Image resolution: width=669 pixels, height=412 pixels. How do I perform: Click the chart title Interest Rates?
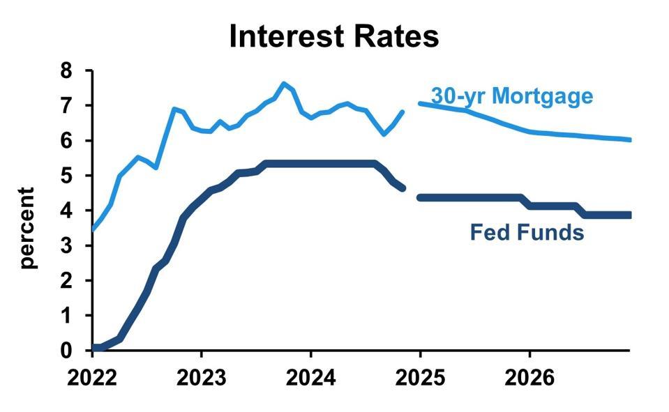[x=334, y=36]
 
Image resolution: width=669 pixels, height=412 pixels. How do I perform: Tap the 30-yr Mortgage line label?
[x=512, y=96]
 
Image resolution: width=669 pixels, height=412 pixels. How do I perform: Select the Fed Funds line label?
[x=527, y=231]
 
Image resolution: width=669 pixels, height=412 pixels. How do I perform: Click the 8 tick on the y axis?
[x=67, y=70]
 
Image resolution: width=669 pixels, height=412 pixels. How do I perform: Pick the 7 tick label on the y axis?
[x=67, y=106]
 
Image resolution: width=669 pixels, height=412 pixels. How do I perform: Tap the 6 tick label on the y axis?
[x=67, y=141]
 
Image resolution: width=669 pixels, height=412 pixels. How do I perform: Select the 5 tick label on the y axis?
[x=67, y=176]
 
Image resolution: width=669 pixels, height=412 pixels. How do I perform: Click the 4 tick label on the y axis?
[x=67, y=211]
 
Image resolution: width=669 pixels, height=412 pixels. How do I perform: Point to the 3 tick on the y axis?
[x=67, y=245]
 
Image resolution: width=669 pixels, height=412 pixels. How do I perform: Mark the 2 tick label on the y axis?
[x=67, y=280]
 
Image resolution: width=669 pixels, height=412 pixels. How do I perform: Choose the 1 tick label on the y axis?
[x=67, y=316]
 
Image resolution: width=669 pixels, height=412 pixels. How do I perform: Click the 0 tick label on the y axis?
[x=67, y=351]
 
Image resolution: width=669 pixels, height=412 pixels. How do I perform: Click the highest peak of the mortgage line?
[x=283, y=84]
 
